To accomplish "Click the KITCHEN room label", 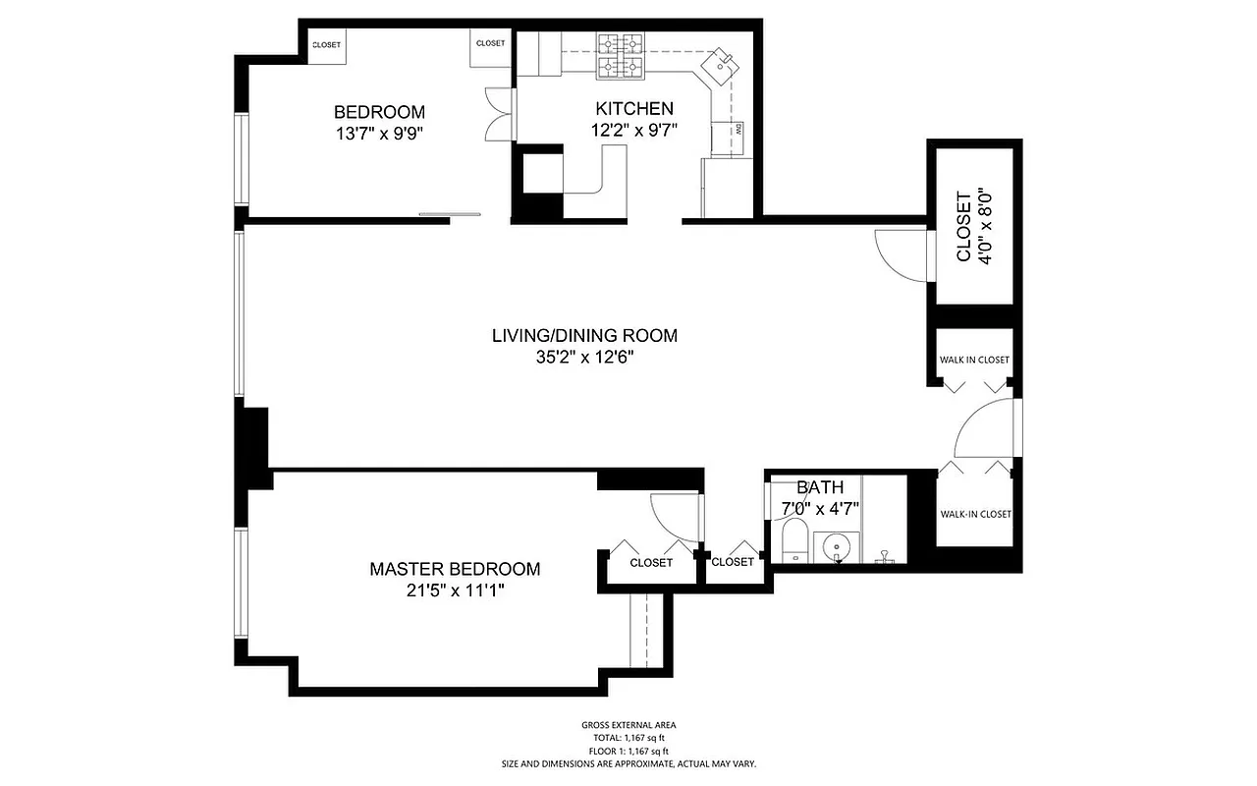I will [x=633, y=108].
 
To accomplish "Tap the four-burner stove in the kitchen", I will [x=620, y=55].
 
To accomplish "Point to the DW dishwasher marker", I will [x=737, y=128].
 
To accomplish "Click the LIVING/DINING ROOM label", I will [x=584, y=335].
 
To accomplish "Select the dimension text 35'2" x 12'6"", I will [x=584, y=358].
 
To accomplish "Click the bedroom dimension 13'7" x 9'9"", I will [x=379, y=133].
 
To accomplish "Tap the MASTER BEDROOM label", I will [x=455, y=569].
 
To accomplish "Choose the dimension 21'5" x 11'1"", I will [x=455, y=590].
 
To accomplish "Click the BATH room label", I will [x=820, y=487].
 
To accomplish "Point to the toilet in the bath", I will [x=793, y=542].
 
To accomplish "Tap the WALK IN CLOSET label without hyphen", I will [x=974, y=360].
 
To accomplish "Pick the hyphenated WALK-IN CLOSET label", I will [x=975, y=514].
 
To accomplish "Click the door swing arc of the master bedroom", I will [x=676, y=516].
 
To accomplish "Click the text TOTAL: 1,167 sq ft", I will [x=628, y=738].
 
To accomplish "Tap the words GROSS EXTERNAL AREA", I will [x=628, y=725].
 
